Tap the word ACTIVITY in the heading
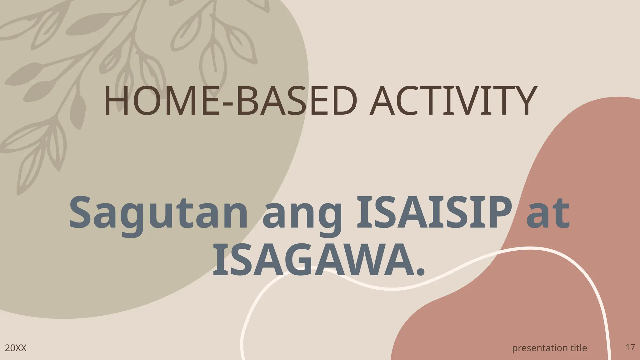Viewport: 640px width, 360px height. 452,101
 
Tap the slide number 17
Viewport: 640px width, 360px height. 630,347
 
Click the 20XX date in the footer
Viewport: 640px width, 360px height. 16,348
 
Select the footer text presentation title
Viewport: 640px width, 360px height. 550,348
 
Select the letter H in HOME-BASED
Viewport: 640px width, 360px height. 116,101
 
